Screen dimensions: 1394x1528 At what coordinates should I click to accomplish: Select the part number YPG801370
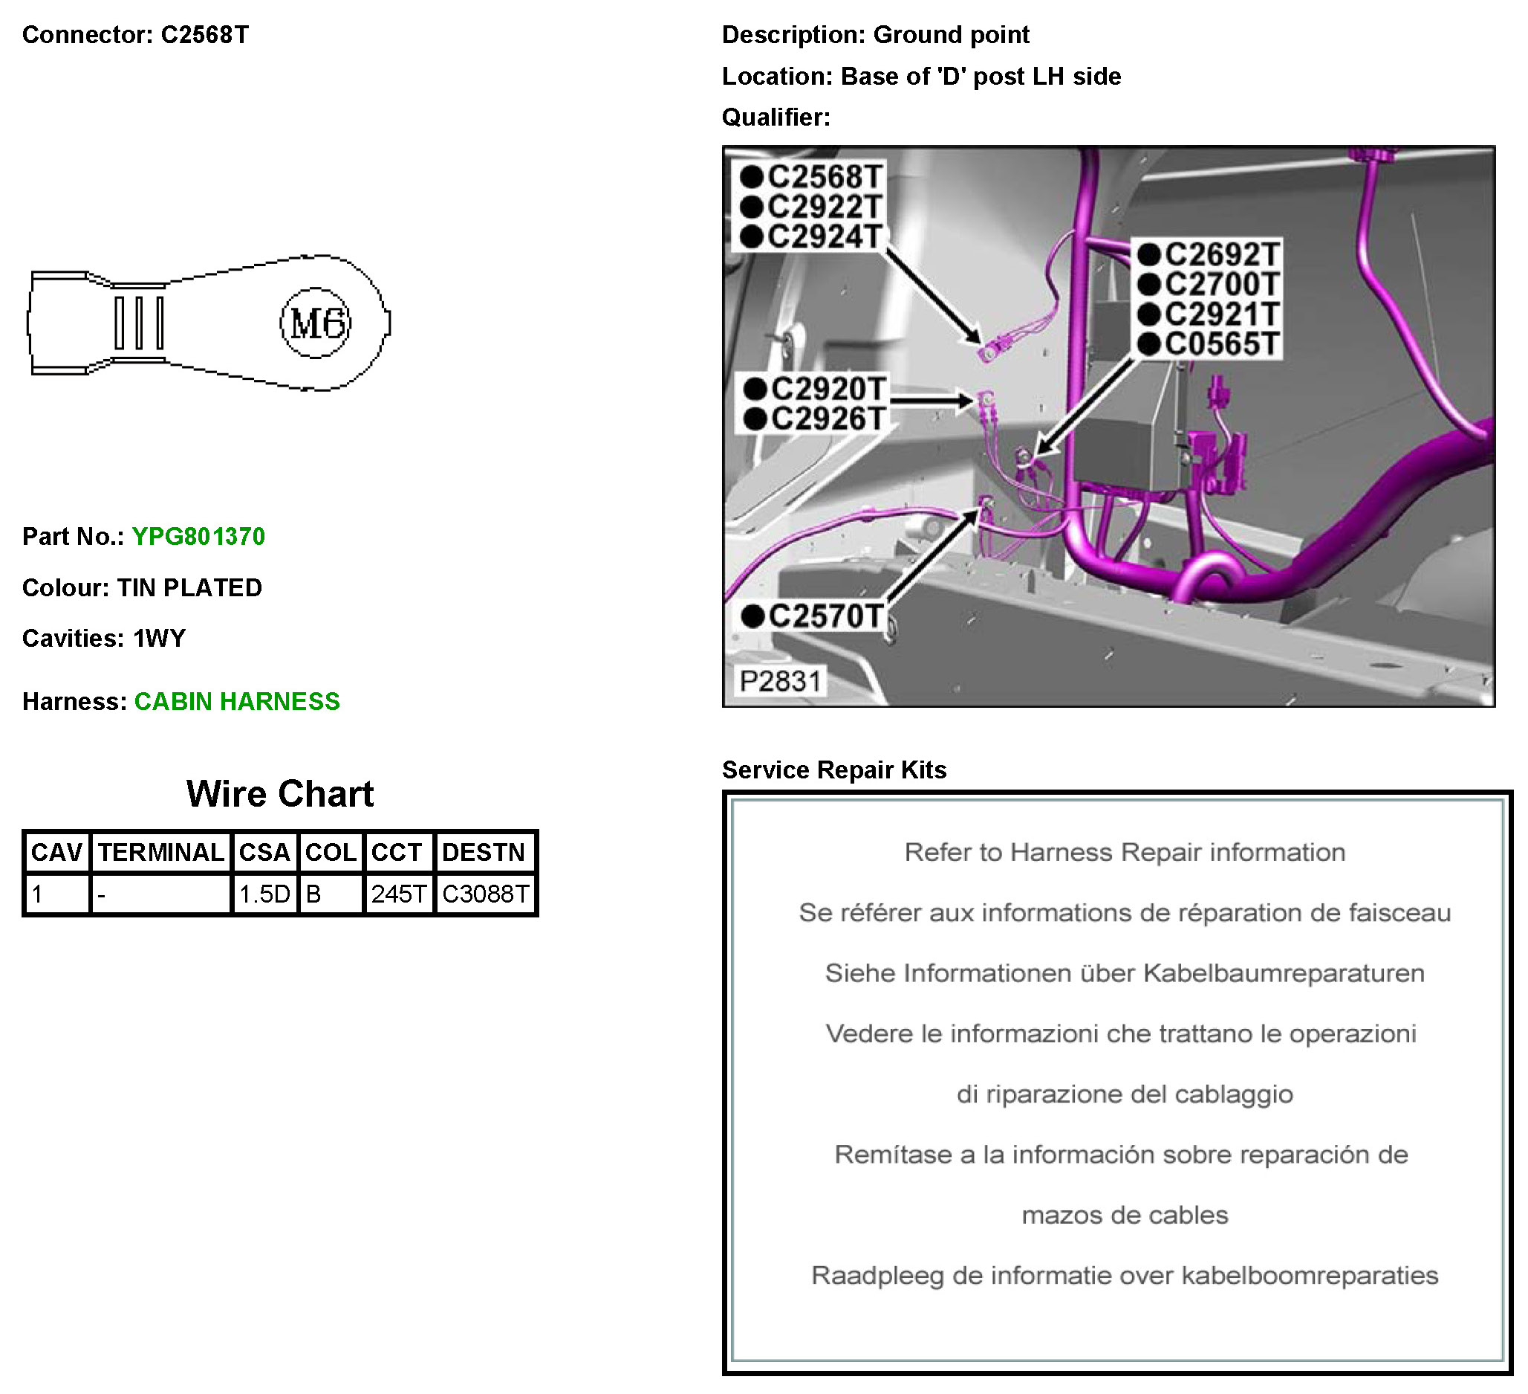click(198, 537)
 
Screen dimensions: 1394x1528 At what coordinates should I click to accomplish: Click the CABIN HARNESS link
click(236, 702)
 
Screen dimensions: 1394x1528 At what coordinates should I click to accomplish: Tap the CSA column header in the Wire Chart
click(264, 853)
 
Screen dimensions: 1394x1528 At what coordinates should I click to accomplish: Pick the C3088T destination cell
click(485, 894)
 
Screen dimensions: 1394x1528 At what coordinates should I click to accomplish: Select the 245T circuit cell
click(399, 894)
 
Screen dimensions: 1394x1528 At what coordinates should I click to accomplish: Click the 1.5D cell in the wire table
click(264, 894)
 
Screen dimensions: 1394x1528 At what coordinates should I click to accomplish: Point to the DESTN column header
click(483, 853)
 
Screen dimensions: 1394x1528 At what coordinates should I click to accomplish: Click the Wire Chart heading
click(280, 794)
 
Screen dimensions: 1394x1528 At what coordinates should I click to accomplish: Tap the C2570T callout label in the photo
click(825, 616)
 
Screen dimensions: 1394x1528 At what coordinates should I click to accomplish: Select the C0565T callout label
click(1221, 344)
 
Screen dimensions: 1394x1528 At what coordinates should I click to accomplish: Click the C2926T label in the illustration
click(827, 419)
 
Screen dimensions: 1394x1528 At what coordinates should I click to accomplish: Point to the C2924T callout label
click(824, 236)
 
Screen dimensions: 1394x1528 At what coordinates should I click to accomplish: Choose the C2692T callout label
click(1221, 254)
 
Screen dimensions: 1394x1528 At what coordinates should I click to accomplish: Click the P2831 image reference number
click(780, 681)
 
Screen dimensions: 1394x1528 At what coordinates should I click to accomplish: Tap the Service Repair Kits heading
click(833, 769)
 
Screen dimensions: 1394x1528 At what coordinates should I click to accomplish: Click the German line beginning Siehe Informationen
click(1124, 973)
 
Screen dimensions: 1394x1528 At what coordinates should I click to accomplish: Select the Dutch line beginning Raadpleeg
click(1124, 1276)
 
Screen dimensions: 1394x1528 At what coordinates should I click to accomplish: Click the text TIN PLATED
click(189, 588)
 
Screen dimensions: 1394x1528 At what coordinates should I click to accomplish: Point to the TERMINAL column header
click(160, 853)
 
